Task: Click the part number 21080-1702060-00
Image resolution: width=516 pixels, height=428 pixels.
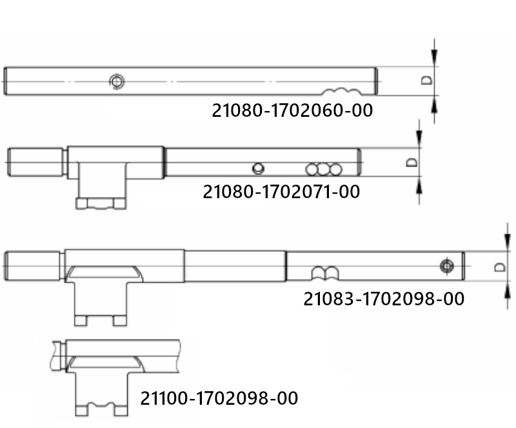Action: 292,110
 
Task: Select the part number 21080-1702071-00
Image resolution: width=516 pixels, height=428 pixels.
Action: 281,192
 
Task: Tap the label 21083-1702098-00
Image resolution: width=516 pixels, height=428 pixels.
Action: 384,299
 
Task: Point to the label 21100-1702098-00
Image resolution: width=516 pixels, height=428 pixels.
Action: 219,398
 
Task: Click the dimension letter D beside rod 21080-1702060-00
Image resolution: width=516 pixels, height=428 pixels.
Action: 427,81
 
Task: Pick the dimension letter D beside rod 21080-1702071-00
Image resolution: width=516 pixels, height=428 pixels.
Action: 412,162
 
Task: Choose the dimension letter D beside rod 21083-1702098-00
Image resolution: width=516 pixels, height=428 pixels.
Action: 500,267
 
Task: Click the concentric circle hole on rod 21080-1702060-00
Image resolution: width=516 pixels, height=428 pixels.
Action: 117,81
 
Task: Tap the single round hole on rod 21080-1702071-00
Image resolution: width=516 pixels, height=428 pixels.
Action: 258,168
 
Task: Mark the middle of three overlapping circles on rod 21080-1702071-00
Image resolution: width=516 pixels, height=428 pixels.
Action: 324,169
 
